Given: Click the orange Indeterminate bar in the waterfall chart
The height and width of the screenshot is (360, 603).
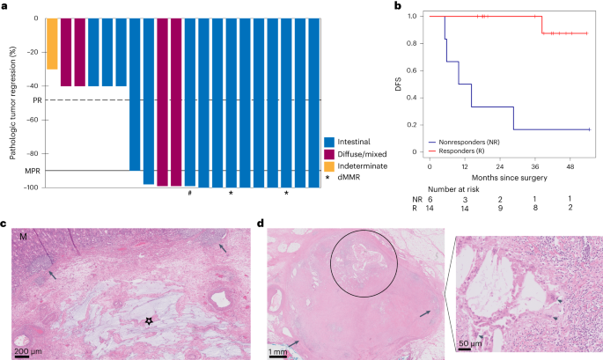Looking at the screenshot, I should pos(52,43).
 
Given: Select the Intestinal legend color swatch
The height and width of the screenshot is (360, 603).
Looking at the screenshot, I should pos(329,142).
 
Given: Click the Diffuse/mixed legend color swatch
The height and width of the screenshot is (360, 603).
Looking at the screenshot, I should pos(329,155).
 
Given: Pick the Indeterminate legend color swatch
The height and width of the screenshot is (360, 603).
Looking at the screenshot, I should pos(329,168).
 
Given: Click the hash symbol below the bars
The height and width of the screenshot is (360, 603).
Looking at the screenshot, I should pos(189,193).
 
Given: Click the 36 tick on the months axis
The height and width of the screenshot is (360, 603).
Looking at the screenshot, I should pos(536,165).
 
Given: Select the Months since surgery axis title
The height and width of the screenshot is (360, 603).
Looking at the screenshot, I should pos(500,179).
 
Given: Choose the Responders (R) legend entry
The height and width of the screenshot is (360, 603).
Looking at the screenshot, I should pos(473,151).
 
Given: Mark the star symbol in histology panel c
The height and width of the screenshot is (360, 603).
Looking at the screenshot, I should pos(147,322).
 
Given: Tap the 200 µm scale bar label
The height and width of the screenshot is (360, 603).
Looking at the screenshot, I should pos(28,349).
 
